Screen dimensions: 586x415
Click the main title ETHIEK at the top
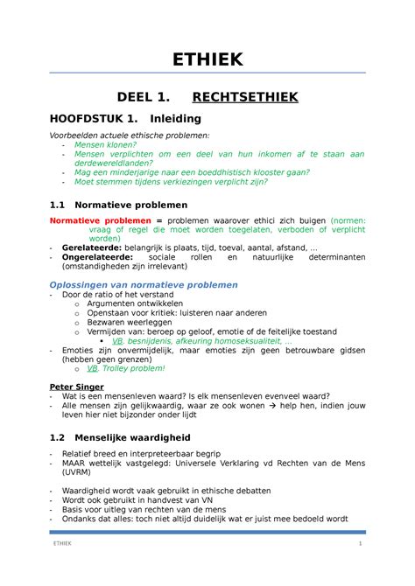click(207, 59)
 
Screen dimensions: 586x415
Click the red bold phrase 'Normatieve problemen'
click(101, 220)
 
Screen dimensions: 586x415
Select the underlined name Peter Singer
click(76, 386)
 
